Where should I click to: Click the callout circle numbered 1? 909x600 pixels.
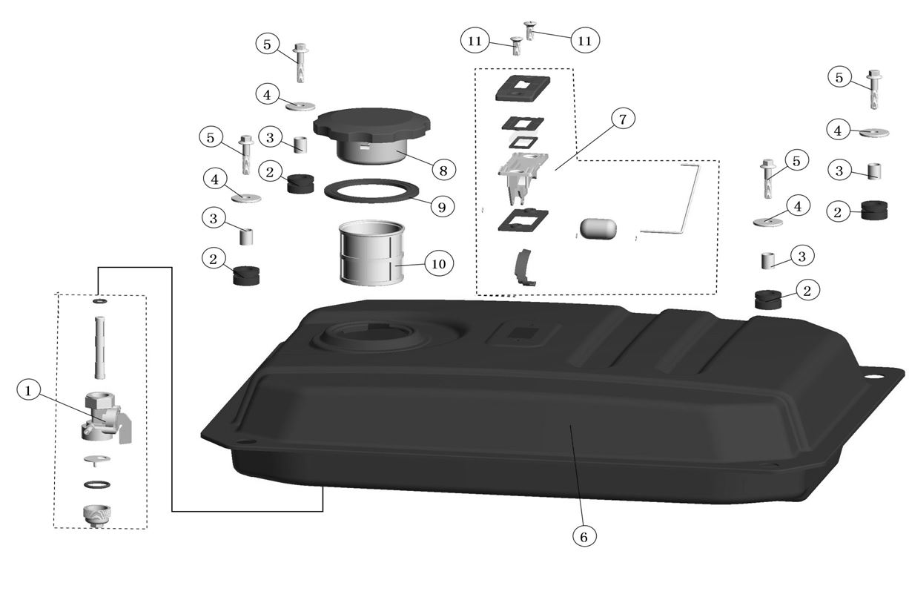coord(28,391)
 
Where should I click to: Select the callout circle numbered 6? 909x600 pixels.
coord(584,537)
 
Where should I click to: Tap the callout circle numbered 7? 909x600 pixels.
coord(623,119)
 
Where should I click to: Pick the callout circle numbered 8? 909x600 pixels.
coord(443,170)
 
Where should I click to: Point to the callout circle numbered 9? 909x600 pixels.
coord(443,207)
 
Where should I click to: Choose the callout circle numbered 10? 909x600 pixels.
coord(439,264)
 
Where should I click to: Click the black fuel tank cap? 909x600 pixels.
coord(371,135)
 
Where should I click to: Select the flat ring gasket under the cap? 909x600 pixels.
coord(371,191)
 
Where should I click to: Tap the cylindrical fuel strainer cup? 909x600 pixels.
coord(371,252)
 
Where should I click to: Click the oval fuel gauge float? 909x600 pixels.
coord(598,228)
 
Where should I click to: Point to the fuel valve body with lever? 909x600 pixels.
coord(106,418)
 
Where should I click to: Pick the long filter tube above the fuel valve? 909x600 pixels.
coord(100,348)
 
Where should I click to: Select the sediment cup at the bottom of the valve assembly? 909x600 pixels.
coord(97,515)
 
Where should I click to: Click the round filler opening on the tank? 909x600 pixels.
coord(368,336)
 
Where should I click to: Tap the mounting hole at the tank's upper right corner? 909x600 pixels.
coord(870,375)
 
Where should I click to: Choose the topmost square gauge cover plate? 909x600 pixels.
coord(523,88)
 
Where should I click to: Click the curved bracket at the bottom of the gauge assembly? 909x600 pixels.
coord(523,268)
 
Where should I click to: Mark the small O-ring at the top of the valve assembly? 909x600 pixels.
coord(100,301)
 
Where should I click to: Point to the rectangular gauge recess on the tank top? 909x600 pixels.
coord(523,333)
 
